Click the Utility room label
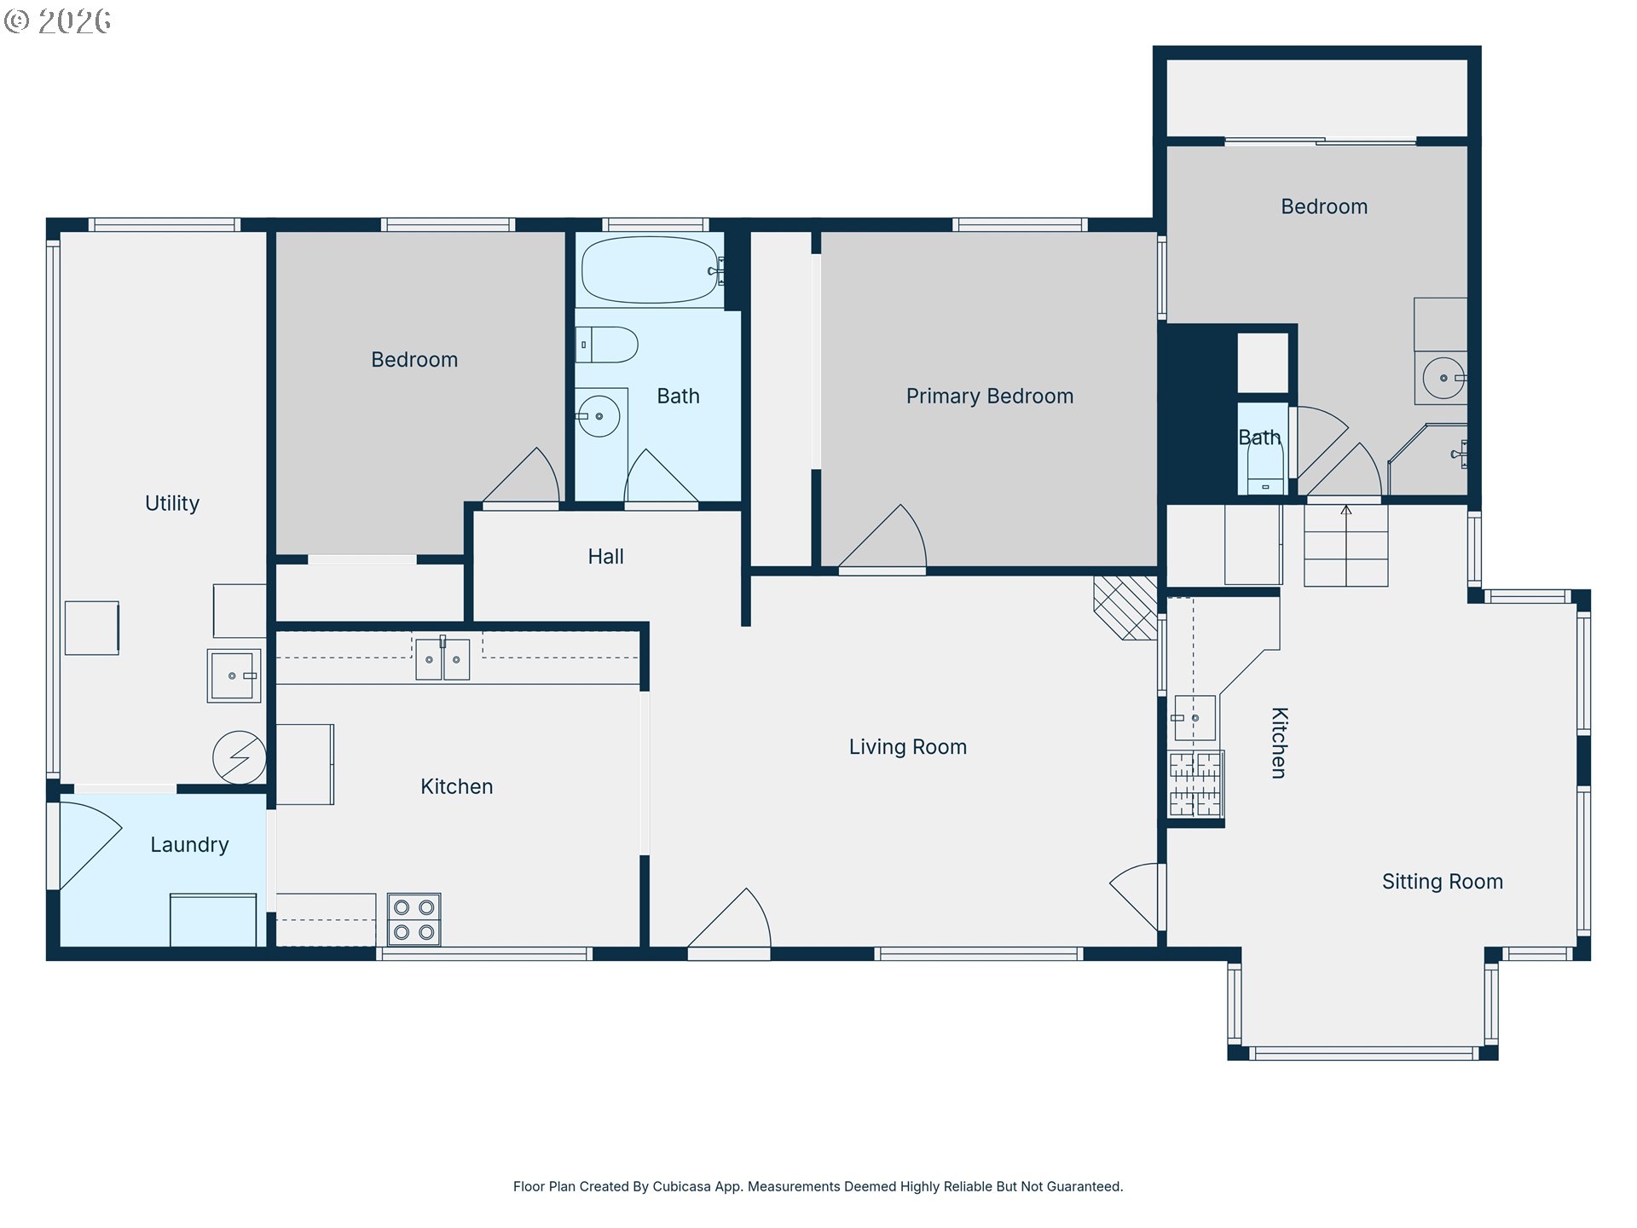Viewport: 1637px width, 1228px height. click(x=172, y=503)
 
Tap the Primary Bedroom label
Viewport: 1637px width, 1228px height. click(x=990, y=397)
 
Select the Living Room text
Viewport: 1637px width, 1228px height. click(x=908, y=747)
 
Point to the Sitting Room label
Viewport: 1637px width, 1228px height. click(x=1443, y=882)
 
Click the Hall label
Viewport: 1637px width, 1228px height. click(x=606, y=557)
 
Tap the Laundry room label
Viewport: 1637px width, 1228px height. click(x=189, y=845)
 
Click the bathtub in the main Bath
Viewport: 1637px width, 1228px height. click(x=651, y=270)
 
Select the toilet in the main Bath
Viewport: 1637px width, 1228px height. click(x=607, y=345)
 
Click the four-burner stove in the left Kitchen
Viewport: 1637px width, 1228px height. click(x=414, y=919)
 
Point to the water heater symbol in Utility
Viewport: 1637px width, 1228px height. click(x=240, y=757)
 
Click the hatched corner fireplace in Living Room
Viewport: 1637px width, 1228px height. click(x=1125, y=608)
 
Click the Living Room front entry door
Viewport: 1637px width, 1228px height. click(x=730, y=919)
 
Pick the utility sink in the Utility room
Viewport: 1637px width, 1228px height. click(x=234, y=676)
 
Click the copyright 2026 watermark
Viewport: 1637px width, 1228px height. click(x=57, y=20)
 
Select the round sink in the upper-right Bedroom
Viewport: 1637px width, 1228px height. click(x=1443, y=378)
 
